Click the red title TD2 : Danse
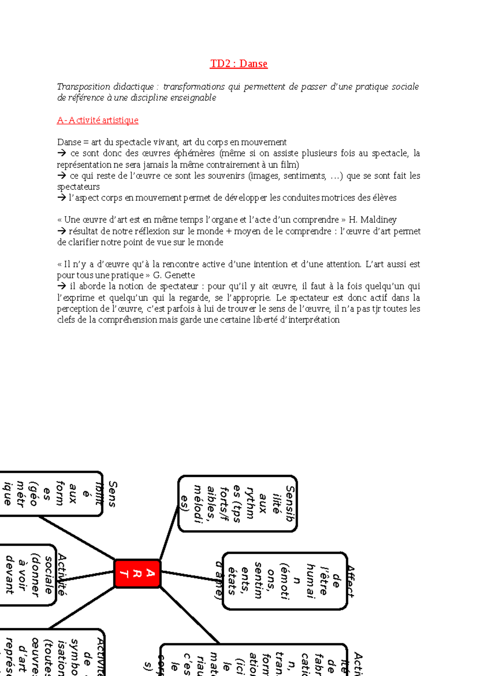point(238,64)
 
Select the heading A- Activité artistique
point(98,120)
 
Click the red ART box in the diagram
point(138,573)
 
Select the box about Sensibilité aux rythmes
point(238,503)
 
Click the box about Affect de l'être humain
point(285,581)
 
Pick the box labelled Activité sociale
point(28,574)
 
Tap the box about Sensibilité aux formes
point(52,494)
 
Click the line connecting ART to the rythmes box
point(169,532)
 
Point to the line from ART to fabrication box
point(190,615)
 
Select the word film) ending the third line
point(290,165)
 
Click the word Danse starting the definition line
point(69,142)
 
